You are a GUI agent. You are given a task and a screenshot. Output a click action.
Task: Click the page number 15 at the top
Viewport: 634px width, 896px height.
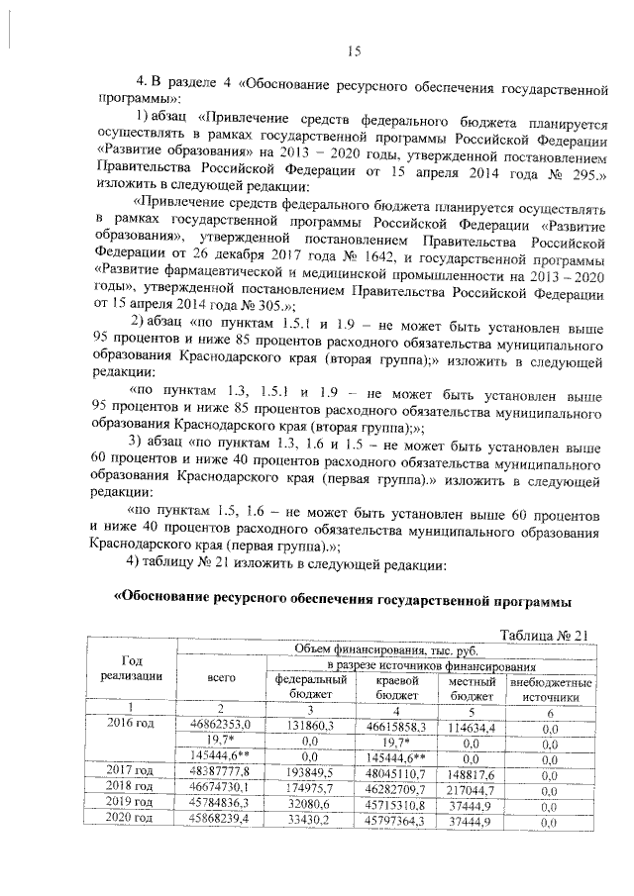click(355, 51)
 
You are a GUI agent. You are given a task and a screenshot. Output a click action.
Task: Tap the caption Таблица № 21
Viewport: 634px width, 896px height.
click(545, 635)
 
